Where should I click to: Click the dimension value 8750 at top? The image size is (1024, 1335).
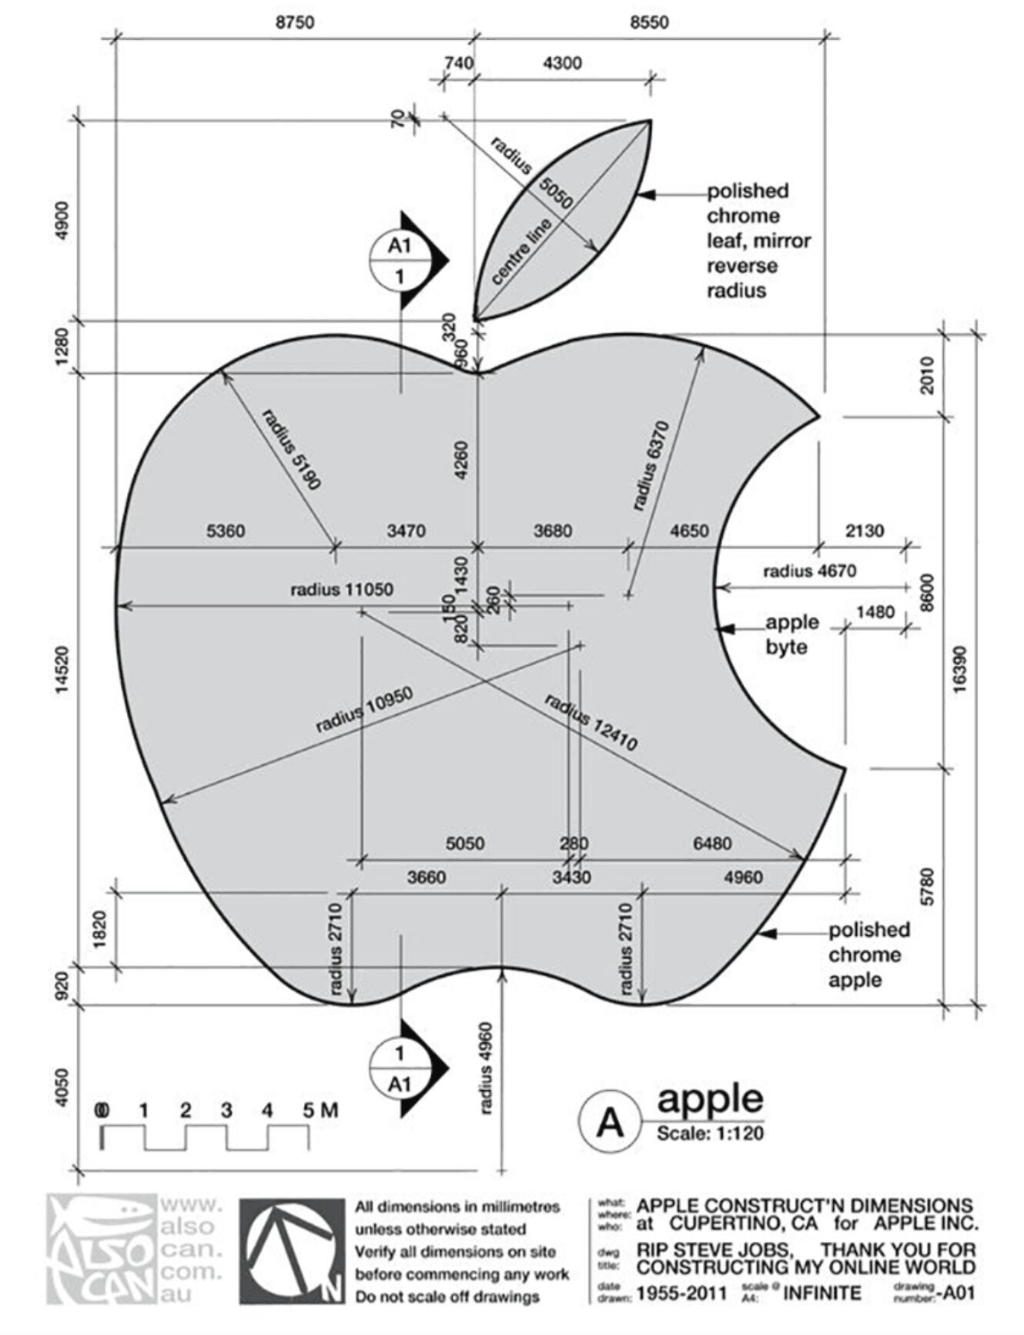[295, 22]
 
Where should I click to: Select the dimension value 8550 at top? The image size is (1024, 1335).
[649, 22]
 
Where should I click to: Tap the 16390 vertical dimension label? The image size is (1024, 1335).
[960, 668]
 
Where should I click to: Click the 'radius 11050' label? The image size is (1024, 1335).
[341, 590]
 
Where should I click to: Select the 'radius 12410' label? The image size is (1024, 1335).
[591, 722]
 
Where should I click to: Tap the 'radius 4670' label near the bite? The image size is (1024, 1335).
[809, 571]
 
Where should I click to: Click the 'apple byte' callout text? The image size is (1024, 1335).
[791, 634]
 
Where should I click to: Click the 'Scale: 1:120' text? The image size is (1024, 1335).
[710, 1133]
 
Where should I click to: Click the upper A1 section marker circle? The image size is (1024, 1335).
[399, 260]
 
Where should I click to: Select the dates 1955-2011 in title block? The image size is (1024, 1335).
[681, 1293]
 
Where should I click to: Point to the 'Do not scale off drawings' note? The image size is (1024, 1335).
[447, 1297]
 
